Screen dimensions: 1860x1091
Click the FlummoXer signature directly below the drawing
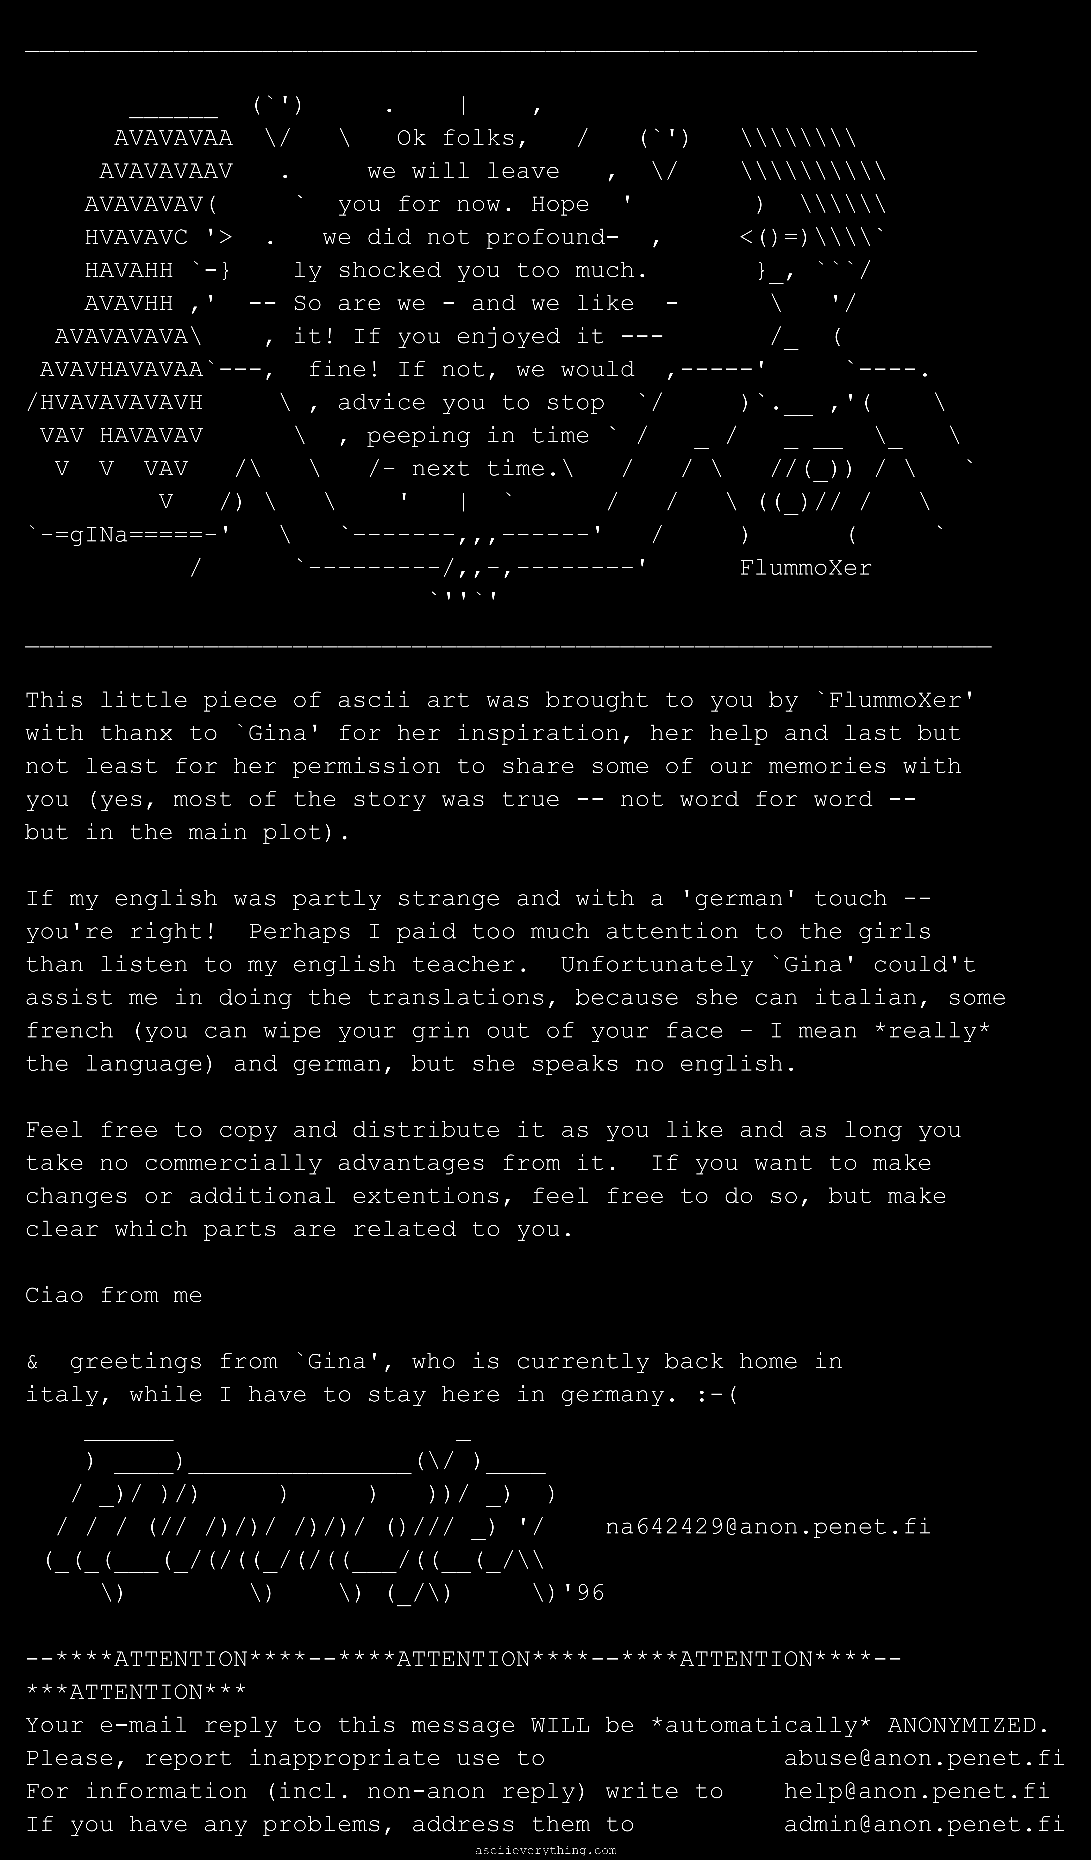tap(805, 568)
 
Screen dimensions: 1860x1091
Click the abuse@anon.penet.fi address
tap(923, 1759)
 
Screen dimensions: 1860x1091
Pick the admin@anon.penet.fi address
tap(923, 1825)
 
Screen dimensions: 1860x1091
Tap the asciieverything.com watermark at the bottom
tap(545, 1850)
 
